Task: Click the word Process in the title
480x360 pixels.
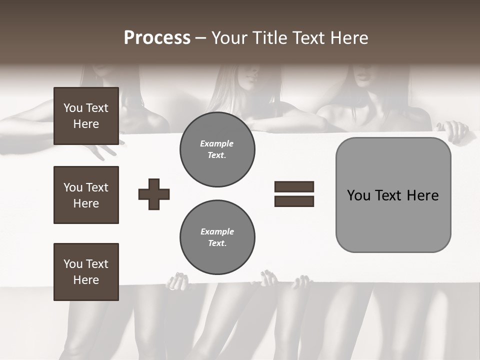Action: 157,38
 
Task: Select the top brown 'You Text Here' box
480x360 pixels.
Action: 86,116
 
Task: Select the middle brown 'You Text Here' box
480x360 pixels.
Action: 86,195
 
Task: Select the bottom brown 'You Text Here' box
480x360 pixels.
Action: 86,272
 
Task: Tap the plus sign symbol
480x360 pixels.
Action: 154,194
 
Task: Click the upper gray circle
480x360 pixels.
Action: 217,149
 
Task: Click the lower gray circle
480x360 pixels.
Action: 217,237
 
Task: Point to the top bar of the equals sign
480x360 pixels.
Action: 294,187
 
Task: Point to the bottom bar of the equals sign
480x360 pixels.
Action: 294,201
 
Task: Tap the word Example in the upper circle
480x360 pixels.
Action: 217,143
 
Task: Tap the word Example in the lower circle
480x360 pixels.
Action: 217,231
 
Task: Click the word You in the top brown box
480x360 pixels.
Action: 73,108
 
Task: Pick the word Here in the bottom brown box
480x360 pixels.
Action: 86,280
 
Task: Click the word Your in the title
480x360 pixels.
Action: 228,38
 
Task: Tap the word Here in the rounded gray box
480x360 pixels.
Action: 422,195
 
